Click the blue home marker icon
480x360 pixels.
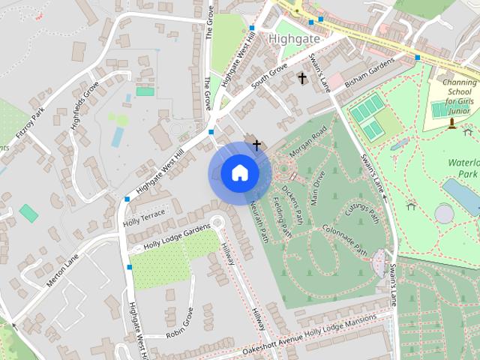click(x=239, y=173)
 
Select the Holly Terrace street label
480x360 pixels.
click(x=143, y=213)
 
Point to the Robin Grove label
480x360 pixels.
click(x=179, y=321)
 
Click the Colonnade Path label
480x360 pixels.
click(x=345, y=238)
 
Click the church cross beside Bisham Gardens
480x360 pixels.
click(x=302, y=78)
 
